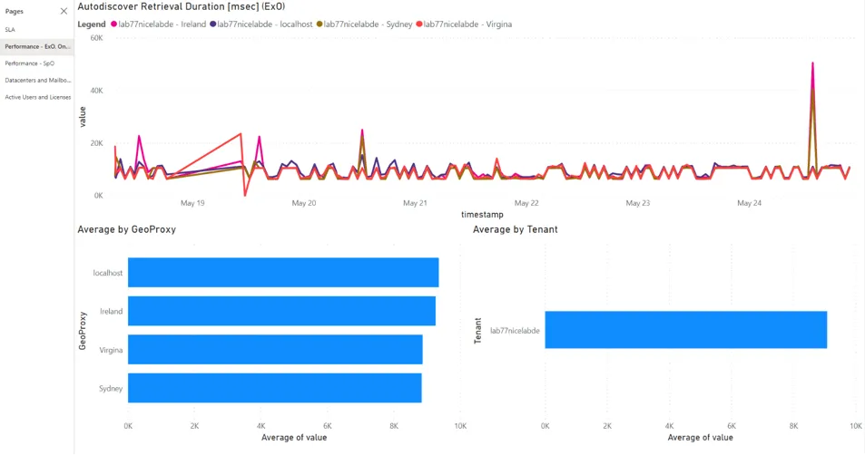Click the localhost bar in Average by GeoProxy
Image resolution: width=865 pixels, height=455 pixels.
coord(282,273)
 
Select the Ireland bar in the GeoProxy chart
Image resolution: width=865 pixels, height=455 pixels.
coord(281,311)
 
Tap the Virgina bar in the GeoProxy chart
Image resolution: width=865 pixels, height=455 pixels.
coord(275,350)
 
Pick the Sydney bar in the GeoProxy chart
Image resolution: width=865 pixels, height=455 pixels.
coord(274,388)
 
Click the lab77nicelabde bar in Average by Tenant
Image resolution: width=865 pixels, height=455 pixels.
coord(685,330)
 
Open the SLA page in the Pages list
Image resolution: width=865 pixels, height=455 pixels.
coord(10,30)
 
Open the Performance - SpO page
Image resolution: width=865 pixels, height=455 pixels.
coord(29,63)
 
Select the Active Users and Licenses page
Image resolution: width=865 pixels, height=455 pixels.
coord(37,97)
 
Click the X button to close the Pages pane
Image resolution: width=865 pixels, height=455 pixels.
coord(64,11)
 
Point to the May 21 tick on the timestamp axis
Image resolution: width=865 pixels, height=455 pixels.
coord(415,204)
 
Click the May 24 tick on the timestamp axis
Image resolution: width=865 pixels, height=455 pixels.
coord(750,204)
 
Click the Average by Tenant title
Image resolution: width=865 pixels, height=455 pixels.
coord(515,229)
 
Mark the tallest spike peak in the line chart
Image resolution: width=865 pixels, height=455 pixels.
coord(812,63)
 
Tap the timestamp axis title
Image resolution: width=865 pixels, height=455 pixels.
coord(482,215)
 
